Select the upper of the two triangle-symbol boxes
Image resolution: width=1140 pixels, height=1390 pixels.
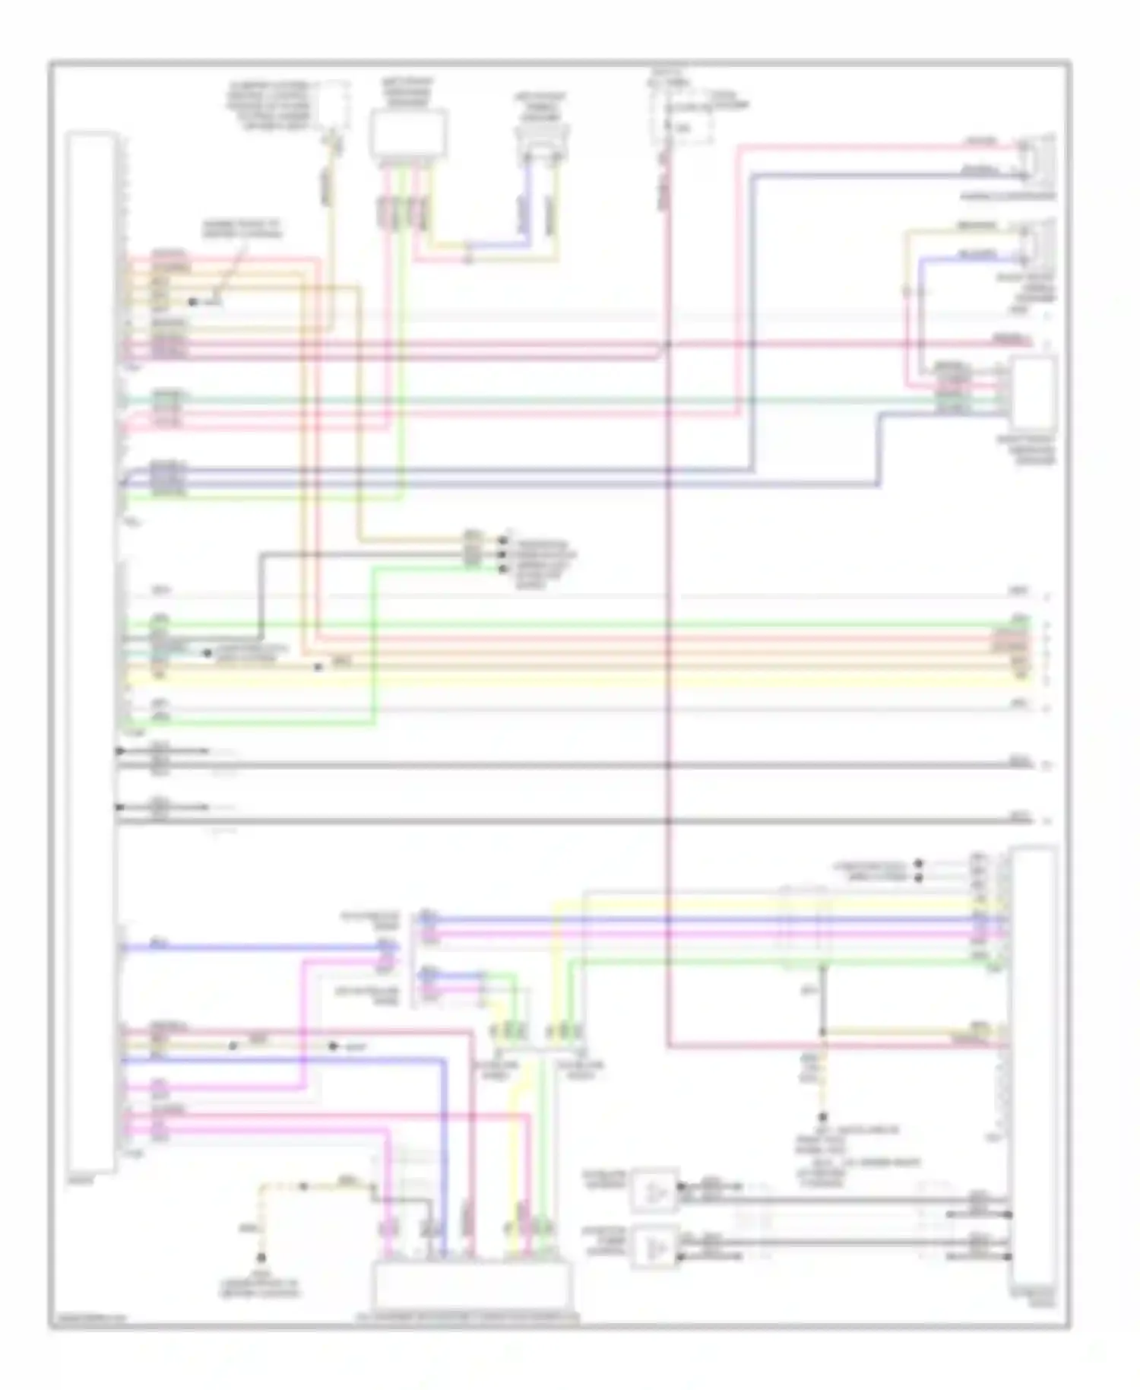pyautogui.click(x=654, y=1190)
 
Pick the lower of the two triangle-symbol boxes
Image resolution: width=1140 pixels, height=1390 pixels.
pyautogui.click(x=654, y=1250)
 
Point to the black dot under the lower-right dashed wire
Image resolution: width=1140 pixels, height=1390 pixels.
pyautogui.click(x=822, y=1118)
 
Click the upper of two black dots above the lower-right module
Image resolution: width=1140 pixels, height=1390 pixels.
pyautogui.click(x=919, y=864)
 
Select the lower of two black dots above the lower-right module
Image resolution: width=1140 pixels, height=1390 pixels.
pyautogui.click(x=919, y=877)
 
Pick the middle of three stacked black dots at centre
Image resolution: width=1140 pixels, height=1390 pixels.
pyautogui.click(x=502, y=555)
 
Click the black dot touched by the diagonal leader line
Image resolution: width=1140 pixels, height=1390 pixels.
pyautogui.click(x=193, y=303)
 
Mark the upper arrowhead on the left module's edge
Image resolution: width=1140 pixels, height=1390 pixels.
pyautogui.click(x=119, y=751)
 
